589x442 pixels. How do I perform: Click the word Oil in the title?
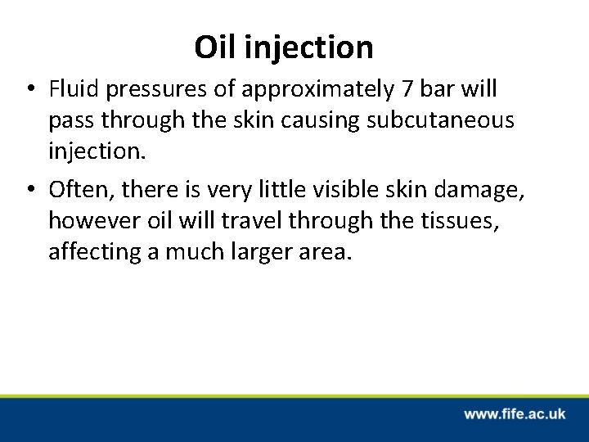214,47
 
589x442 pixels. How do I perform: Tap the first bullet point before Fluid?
31,88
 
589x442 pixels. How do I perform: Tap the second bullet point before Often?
31,191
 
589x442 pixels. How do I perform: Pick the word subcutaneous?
442,120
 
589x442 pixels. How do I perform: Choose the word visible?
381,190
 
